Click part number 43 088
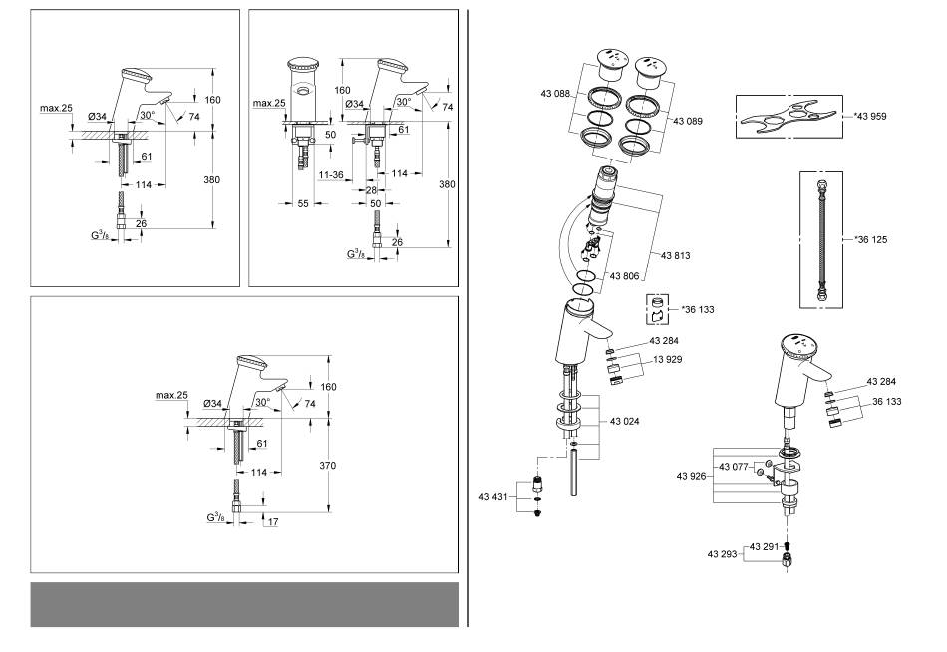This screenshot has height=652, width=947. pos(555,94)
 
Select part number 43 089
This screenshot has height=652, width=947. pos(688,121)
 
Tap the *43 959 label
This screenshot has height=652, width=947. pos(870,116)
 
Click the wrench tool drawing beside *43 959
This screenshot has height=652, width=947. pos(789,117)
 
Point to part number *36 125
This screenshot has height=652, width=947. pos(871,240)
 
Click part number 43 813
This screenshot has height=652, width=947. pos(675,255)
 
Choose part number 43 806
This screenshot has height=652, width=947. pos(624,276)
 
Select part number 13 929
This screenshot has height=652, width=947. pos(667,360)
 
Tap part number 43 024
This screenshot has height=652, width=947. pos(624,421)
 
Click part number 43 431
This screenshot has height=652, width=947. pos(493,497)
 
